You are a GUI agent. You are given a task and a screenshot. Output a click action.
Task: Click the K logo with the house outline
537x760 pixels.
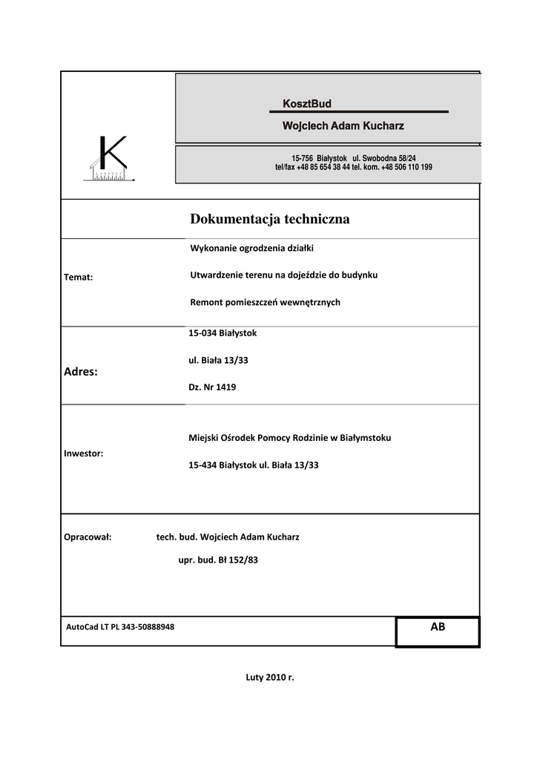pos(110,160)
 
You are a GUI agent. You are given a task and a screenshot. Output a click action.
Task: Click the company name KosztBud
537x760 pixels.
pos(307,103)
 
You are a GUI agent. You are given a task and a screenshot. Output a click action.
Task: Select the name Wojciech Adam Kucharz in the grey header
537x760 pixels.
pos(343,126)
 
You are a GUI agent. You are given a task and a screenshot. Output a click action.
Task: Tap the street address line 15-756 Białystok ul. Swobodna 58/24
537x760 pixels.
pos(354,159)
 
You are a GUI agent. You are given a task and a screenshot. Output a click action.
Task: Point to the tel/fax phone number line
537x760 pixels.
pos(353,168)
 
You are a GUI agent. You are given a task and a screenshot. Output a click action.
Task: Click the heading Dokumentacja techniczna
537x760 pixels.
pos(270,219)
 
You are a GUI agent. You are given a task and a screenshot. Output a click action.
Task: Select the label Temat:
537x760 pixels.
pos(79,278)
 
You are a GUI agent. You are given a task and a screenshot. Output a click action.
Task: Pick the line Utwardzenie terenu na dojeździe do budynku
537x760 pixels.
pos(284,275)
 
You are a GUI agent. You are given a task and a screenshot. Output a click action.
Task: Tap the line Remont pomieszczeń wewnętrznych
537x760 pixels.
pos(265,302)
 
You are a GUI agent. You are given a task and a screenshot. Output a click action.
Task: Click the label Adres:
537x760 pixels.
pos(82,371)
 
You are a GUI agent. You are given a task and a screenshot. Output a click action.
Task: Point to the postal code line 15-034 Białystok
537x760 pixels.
pos(223,333)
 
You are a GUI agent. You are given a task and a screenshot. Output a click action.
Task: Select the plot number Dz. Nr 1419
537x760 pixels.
pos(212,387)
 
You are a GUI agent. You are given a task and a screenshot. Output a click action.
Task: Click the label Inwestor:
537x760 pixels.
pos(84,452)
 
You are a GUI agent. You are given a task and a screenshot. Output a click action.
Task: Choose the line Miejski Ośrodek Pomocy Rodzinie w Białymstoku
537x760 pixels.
pos(290,438)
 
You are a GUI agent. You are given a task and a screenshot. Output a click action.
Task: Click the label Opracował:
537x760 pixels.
pos(88,537)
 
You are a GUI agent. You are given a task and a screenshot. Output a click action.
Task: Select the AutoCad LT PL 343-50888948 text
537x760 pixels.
pos(120,627)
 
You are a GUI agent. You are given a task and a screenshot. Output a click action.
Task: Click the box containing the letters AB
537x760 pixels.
pos(438,631)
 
